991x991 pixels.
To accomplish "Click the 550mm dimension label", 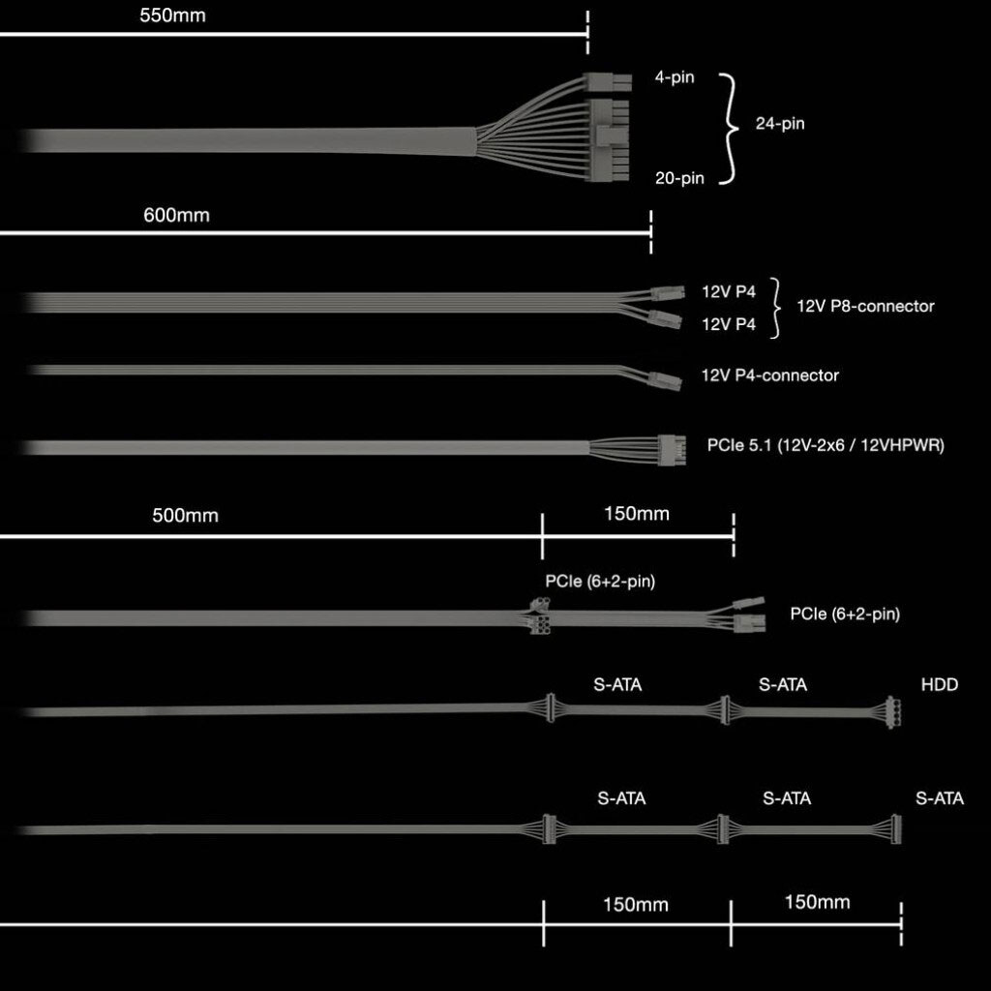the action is [172, 15].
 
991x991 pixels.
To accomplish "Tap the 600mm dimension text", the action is [176, 215].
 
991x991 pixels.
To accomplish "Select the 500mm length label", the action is [185, 515].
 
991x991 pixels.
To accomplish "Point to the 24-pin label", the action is [780, 123].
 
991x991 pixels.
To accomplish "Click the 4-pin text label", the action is [675, 77].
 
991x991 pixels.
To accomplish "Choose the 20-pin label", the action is [679, 178].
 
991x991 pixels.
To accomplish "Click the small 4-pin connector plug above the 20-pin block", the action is [607, 81].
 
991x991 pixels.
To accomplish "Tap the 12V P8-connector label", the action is [865, 306].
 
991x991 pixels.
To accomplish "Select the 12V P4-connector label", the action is [769, 375].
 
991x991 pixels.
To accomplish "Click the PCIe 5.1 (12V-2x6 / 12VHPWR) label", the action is [826, 445].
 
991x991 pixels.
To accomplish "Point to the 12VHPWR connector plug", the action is [672, 450].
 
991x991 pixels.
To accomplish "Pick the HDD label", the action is [939, 684].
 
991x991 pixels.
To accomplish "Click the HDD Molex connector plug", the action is [892, 712].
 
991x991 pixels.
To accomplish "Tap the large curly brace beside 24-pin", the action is [729, 129].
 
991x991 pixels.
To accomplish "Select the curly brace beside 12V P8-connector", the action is [775, 308].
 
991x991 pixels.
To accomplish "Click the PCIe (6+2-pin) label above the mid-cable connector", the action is [600, 581].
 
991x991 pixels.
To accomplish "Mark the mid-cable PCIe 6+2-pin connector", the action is [538, 616].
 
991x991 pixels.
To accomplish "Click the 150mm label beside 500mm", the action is [637, 513].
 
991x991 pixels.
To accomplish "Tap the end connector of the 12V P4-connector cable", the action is [665, 380].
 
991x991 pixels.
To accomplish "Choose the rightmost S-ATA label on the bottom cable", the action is [940, 798].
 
